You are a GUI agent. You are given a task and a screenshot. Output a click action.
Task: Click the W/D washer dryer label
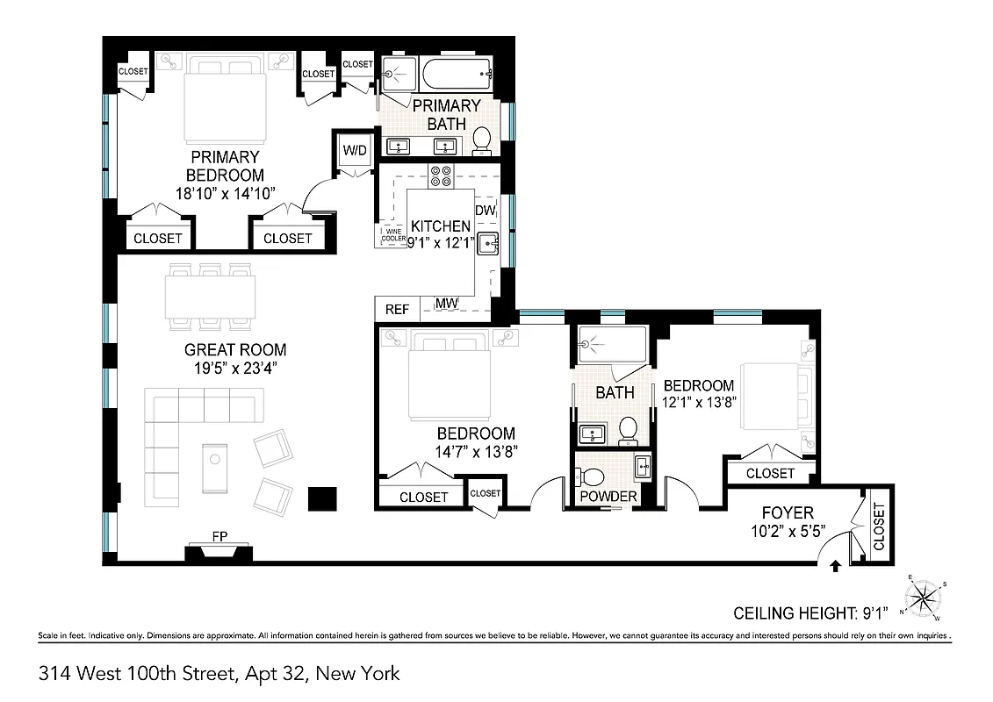(356, 151)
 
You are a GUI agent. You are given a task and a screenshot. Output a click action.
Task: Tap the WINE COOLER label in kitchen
(392, 235)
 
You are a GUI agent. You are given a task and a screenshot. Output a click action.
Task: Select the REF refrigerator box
(397, 310)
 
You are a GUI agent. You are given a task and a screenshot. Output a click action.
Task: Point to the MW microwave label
(447, 304)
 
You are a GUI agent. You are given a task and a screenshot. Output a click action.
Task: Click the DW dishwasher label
(485, 211)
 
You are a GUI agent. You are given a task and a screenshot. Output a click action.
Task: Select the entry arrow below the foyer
(834, 568)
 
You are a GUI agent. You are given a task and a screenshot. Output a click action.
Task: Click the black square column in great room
(322, 498)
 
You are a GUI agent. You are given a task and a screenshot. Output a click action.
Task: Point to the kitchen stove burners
(440, 176)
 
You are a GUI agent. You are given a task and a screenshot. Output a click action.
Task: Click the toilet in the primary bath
(481, 140)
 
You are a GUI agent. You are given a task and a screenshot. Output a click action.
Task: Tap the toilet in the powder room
(593, 476)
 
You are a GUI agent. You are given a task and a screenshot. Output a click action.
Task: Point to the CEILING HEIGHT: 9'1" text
(810, 612)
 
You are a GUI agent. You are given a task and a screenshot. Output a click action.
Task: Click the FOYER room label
(788, 512)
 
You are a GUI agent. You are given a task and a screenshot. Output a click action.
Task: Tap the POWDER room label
(607, 497)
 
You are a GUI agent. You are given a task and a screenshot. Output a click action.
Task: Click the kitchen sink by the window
(488, 246)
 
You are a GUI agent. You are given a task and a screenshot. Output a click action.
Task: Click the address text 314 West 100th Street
(219, 674)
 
